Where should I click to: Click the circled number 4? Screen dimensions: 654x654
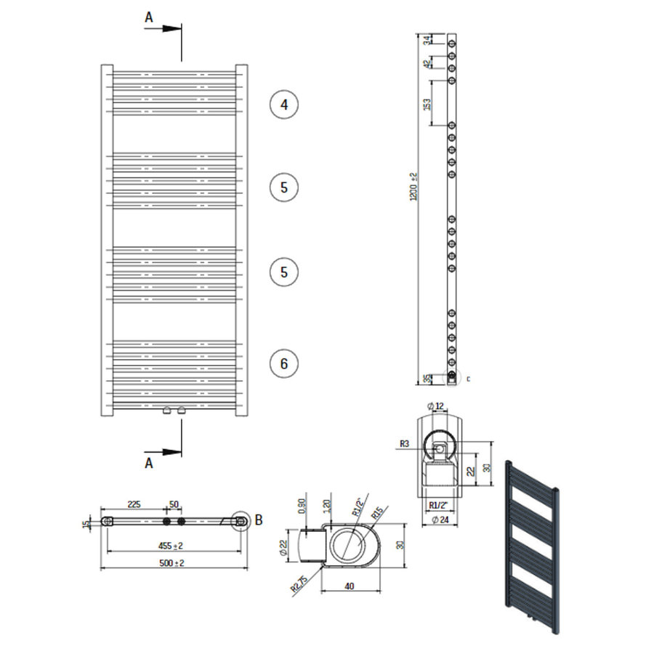pyautogui.click(x=284, y=105)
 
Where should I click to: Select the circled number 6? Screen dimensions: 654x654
pyautogui.click(x=284, y=363)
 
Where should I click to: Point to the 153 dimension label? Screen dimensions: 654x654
pyautogui.click(x=427, y=103)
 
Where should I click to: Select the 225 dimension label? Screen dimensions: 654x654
pyautogui.click(x=134, y=504)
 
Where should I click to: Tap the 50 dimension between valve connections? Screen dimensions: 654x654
pyautogui.click(x=174, y=504)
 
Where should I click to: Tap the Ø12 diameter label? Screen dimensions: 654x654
pyautogui.click(x=435, y=405)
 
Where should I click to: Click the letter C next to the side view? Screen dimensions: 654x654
pyautogui.click(x=468, y=379)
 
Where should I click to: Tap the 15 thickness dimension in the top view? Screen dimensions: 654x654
pyautogui.click(x=86, y=523)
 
